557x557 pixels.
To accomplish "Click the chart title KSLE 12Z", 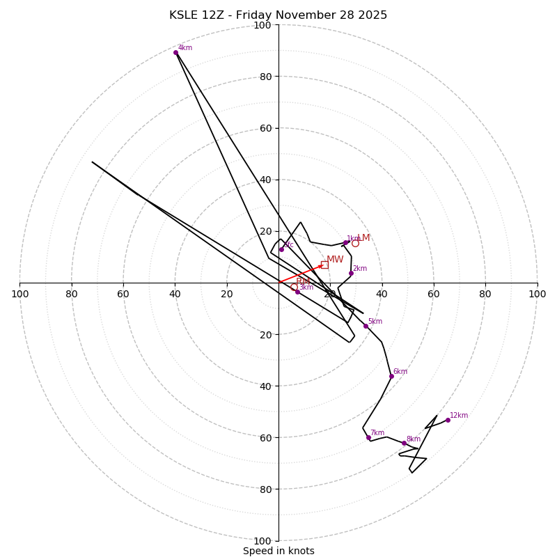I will [278, 15].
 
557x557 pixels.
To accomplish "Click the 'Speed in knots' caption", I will [278, 551].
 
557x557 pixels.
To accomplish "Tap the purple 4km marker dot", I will [175, 52].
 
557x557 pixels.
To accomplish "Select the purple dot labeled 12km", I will [448, 420].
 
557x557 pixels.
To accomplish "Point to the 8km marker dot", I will [404, 443].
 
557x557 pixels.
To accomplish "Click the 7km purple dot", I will [368, 437].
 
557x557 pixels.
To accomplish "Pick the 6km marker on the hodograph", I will [391, 376].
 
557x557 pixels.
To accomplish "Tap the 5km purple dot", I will [366, 326].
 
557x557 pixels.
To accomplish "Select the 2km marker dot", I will [351, 273].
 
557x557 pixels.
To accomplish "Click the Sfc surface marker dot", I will [282, 249].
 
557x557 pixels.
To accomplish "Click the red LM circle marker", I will [355, 243].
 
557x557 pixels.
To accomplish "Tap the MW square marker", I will [324, 265].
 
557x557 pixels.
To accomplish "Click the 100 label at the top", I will [262, 26].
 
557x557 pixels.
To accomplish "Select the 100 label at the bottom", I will [262, 541].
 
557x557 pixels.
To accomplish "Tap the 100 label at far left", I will [20, 294].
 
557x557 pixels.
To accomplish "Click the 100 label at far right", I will [537, 294].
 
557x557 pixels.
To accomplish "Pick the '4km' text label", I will [185, 48].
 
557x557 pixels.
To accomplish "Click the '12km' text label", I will [459, 416].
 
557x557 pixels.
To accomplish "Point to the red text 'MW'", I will [335, 260].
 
